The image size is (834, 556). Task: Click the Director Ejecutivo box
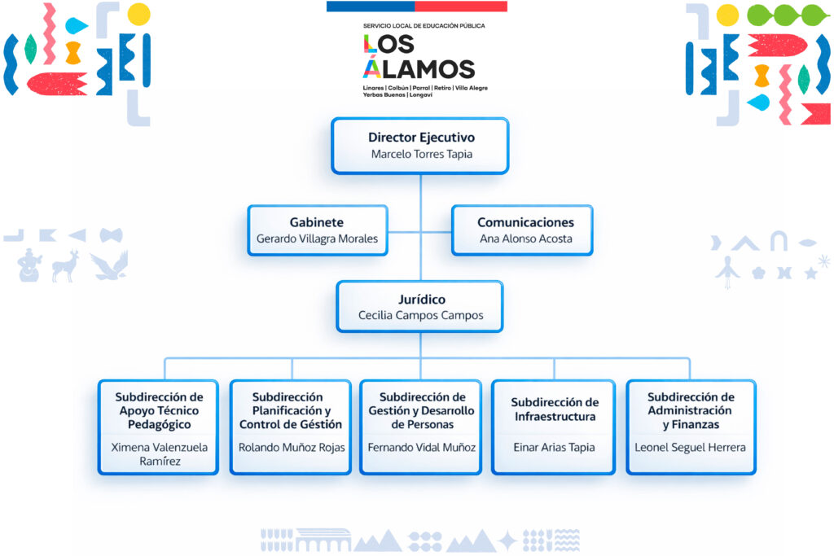(x=420, y=146)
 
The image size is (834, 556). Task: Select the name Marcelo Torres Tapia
(x=421, y=154)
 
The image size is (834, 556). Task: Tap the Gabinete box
(x=317, y=230)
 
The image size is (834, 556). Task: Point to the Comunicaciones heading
(x=525, y=222)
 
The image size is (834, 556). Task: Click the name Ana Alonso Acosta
(x=525, y=239)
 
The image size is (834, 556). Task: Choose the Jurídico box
(x=420, y=307)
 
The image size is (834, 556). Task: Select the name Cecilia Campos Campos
(x=420, y=315)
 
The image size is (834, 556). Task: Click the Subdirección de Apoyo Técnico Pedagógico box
(x=159, y=427)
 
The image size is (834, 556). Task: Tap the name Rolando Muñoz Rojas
(x=292, y=447)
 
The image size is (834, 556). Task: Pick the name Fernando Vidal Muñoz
(x=422, y=447)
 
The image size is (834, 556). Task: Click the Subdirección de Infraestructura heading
(x=555, y=409)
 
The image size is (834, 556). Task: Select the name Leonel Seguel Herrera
(x=690, y=447)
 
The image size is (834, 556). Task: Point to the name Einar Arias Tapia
(x=554, y=447)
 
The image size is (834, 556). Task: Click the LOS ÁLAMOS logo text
(x=418, y=56)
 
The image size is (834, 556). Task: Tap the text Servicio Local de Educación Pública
(x=424, y=26)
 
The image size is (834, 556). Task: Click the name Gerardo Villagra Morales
(x=317, y=239)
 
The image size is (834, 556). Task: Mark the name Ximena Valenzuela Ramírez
(x=159, y=454)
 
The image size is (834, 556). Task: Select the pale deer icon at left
(x=65, y=266)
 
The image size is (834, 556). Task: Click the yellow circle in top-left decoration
(x=138, y=13)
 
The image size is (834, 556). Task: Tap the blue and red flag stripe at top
(x=416, y=7)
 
